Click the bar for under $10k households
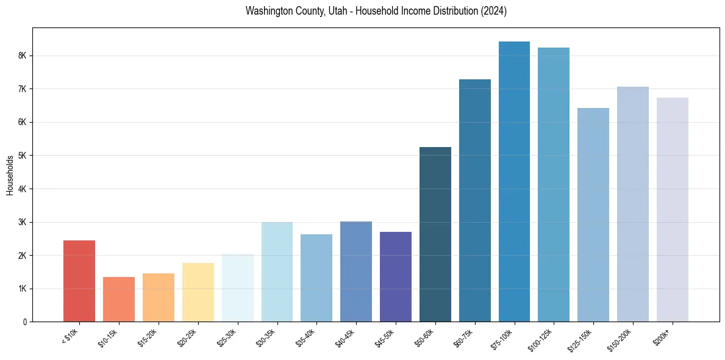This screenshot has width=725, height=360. (x=79, y=281)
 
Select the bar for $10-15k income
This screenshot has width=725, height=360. (x=119, y=299)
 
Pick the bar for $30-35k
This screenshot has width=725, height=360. (x=277, y=272)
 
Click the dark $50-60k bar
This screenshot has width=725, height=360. (x=435, y=234)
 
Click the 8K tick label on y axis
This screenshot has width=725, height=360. (x=22, y=56)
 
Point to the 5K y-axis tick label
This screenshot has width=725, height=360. (x=22, y=156)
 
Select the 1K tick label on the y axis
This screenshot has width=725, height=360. (x=22, y=289)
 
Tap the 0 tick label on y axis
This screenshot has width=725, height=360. (x=25, y=322)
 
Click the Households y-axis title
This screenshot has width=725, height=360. (x=10, y=175)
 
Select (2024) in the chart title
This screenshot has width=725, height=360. (x=494, y=11)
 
